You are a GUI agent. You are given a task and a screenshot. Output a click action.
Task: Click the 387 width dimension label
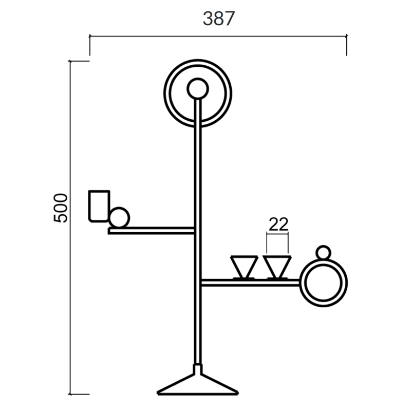click(x=219, y=18)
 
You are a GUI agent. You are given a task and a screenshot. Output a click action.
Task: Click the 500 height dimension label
click(x=61, y=208)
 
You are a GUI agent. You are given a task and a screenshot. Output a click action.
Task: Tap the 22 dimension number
click(x=278, y=224)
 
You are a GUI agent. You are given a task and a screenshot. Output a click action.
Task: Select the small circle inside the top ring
click(x=198, y=89)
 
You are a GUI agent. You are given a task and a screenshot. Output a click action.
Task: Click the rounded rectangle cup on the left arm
click(x=99, y=206)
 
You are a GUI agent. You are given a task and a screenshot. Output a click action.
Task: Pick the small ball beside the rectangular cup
click(x=120, y=217)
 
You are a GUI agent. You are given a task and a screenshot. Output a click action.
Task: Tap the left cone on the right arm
click(x=244, y=267)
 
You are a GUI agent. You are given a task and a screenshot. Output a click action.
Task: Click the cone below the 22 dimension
click(x=277, y=267)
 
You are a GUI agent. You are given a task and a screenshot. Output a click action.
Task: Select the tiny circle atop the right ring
click(x=323, y=252)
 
